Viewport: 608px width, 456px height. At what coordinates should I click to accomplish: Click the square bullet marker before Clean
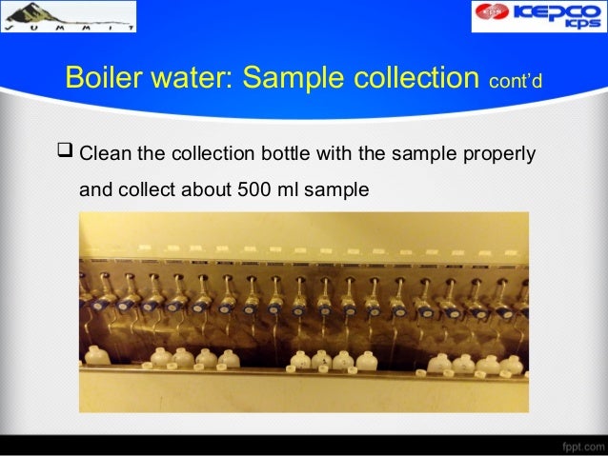point(67,152)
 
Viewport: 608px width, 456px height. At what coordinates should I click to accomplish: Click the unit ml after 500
point(284,189)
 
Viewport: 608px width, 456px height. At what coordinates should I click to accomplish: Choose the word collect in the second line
point(146,189)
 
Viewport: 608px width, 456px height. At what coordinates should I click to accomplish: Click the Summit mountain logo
point(68,16)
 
